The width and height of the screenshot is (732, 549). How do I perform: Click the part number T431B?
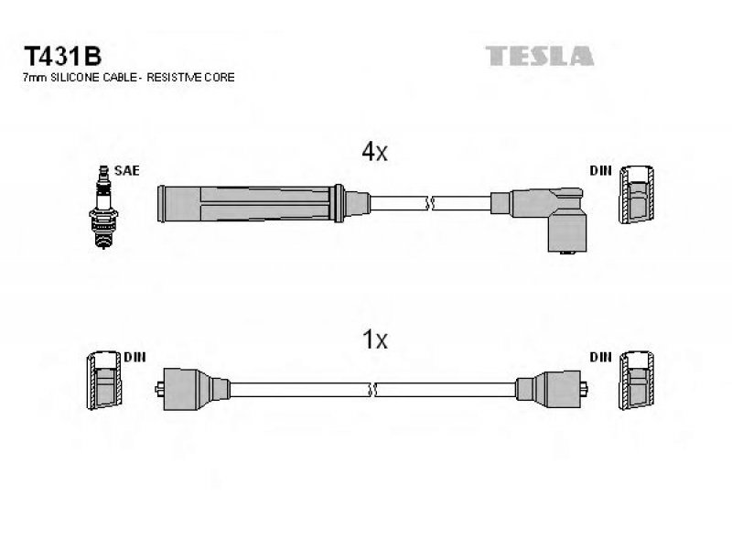coord(62,57)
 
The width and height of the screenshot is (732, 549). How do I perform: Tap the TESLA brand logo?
coord(539,56)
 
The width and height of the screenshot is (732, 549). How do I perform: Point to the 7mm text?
coord(35,78)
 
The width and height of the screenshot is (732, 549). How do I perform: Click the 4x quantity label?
coord(374,151)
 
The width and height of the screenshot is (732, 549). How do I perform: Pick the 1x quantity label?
coord(375,339)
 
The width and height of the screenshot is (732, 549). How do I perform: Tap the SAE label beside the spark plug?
coord(126,170)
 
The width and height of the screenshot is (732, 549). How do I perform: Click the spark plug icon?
coord(103,207)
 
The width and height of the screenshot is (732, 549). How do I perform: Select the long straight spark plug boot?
coord(264,203)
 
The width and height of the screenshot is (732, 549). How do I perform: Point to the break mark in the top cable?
coord(430,203)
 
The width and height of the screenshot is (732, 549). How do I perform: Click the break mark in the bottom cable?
coord(372,390)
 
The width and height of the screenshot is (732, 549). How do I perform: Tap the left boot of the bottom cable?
coord(192,389)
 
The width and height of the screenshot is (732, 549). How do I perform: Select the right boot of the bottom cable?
coord(552,389)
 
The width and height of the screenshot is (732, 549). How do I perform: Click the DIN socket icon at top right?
coord(636,194)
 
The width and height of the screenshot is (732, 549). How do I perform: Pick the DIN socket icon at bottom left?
coord(103,380)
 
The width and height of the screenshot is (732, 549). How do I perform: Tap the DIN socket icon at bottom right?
coord(636,380)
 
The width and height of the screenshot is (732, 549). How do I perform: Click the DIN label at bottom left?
coord(135,357)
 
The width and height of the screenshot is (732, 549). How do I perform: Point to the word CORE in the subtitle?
coord(219,78)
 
